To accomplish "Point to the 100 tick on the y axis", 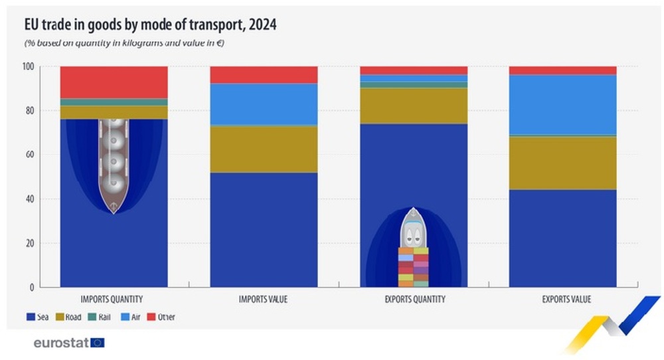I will point(46,66).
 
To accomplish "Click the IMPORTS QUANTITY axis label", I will point(114,300).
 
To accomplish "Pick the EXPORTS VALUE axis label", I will point(563,300).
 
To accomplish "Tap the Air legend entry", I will point(132,317).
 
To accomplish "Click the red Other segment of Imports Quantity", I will point(114,82).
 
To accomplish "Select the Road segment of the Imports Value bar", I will point(263,149).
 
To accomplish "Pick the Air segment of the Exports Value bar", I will point(563,104).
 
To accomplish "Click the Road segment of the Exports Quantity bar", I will point(413,106).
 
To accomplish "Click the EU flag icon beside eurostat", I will point(98,343).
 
